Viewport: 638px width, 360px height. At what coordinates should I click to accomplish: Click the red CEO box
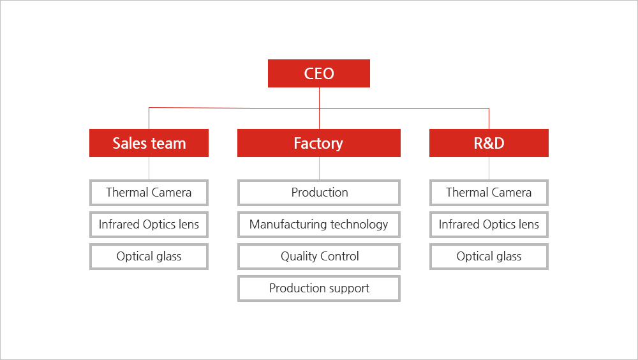[x=319, y=73]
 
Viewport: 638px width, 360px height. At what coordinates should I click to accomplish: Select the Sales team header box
[x=149, y=143]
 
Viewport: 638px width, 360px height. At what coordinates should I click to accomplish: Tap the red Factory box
[x=319, y=143]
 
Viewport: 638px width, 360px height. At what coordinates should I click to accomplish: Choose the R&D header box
[x=489, y=143]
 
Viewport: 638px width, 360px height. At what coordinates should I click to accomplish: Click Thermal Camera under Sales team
[x=149, y=193]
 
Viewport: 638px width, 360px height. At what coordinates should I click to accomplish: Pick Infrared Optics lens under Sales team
[x=149, y=225]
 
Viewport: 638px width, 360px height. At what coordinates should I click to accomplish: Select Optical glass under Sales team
[x=149, y=257]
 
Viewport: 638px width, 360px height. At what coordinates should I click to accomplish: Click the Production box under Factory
[x=319, y=193]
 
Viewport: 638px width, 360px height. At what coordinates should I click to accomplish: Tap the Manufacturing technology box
[x=319, y=225]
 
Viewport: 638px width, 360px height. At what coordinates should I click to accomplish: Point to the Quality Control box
[x=319, y=257]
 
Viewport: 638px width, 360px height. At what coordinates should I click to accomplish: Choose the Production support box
[x=319, y=289]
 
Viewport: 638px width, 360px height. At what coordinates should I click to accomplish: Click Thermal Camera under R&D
[x=489, y=193]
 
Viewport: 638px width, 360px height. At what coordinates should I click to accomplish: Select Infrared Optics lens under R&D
[x=489, y=225]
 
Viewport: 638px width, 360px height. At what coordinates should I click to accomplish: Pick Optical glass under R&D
[x=489, y=257]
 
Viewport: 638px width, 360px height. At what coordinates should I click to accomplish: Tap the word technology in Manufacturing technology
[x=359, y=225]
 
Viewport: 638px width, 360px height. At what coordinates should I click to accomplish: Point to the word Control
[x=339, y=256]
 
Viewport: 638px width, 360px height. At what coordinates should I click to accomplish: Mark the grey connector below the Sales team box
[x=149, y=168]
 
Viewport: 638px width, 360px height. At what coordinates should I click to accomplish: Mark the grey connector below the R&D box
[x=489, y=168]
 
